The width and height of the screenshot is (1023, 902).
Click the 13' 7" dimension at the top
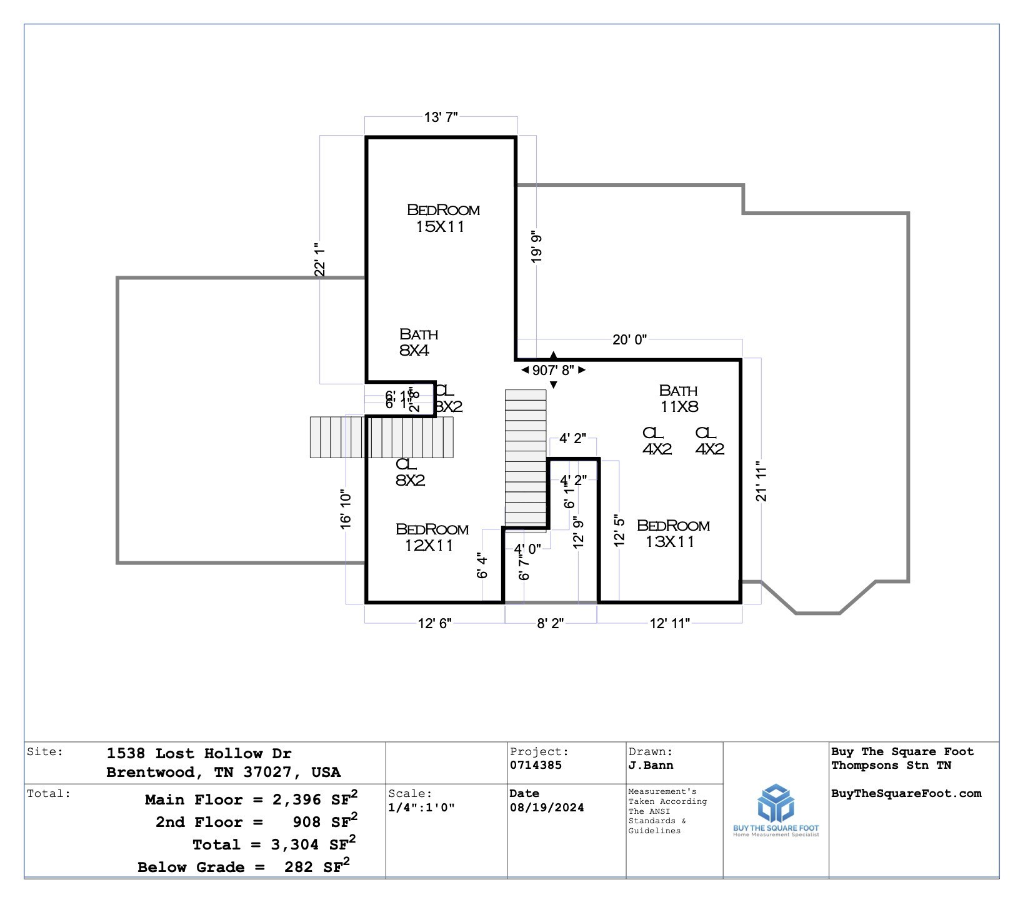(x=441, y=118)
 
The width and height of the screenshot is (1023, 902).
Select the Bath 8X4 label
(x=418, y=342)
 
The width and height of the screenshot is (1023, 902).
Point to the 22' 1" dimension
(x=320, y=259)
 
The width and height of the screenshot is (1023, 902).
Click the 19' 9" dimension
(x=536, y=248)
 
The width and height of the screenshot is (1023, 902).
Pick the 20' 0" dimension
(x=629, y=339)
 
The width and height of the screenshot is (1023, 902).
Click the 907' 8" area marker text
(x=553, y=370)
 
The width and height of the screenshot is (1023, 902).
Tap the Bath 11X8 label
(x=679, y=398)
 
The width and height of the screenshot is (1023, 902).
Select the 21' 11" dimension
(x=761, y=481)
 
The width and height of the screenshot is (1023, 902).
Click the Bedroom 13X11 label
(x=672, y=533)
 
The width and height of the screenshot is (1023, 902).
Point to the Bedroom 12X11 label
(x=431, y=537)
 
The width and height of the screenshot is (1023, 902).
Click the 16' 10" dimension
(x=346, y=509)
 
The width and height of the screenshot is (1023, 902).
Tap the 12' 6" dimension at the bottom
(x=434, y=623)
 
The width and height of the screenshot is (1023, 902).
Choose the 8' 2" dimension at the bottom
(x=551, y=623)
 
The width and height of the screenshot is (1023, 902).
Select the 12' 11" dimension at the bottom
(x=669, y=623)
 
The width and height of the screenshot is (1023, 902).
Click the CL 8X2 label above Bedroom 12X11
(x=409, y=472)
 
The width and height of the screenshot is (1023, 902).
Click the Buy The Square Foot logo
(x=776, y=810)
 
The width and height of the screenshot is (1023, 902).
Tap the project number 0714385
(x=536, y=765)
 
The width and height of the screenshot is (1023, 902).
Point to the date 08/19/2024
(x=546, y=807)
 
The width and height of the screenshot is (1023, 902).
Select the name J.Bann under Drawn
(x=651, y=765)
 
